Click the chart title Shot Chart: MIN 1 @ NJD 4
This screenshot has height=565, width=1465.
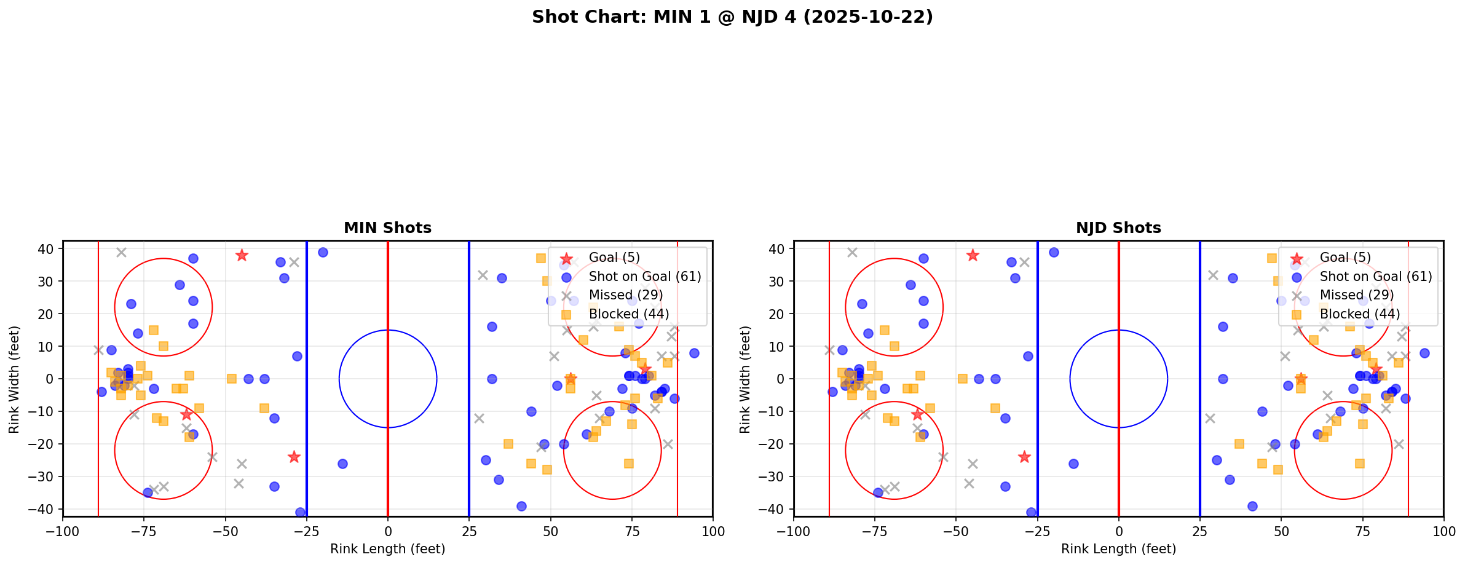732,17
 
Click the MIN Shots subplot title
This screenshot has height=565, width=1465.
387,228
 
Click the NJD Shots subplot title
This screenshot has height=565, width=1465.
1118,228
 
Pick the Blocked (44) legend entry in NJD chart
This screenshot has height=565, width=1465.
1360,314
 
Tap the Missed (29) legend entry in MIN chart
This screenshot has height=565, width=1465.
625,295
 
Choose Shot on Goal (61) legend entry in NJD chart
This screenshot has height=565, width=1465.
1376,277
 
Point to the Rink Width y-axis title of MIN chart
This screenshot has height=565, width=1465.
14,379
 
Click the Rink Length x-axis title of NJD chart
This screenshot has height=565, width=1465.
1118,549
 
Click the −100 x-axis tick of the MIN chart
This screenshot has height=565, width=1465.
63,531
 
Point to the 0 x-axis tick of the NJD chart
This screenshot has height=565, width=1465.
1119,531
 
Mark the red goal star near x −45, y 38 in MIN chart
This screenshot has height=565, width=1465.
242,255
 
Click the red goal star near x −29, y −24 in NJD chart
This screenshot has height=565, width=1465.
1024,457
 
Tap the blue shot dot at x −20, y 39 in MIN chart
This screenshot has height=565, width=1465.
323,252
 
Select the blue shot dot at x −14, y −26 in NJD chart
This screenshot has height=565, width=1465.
1073,464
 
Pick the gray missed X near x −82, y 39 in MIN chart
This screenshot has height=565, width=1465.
121,252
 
